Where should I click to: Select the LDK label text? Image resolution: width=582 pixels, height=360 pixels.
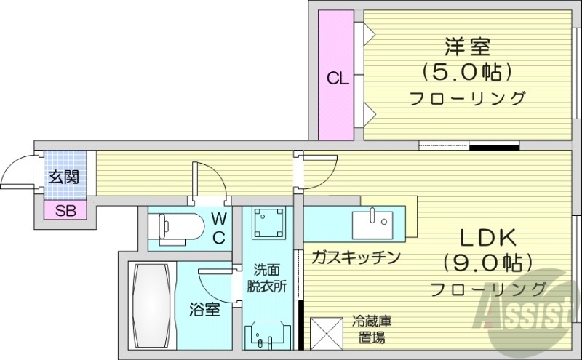487,238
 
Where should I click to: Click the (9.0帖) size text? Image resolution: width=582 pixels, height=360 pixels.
487,263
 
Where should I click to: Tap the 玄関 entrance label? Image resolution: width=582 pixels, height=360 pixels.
64,176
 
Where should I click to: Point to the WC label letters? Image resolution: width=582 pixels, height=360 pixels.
218,227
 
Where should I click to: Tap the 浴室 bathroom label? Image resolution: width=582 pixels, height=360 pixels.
205,310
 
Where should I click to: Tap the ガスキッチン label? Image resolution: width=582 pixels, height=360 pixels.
356,257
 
